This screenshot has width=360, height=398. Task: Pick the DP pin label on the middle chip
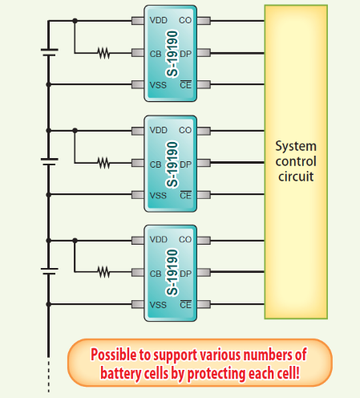click(x=185, y=164)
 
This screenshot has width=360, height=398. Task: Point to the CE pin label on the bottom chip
click(x=185, y=304)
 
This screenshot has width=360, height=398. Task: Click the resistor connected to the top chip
click(x=103, y=54)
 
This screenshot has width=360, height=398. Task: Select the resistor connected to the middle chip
click(x=103, y=164)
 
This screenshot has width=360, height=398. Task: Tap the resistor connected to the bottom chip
click(x=103, y=273)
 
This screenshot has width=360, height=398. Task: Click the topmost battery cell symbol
click(x=49, y=53)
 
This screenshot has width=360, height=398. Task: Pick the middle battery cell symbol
click(x=49, y=162)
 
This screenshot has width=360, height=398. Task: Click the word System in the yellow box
click(x=296, y=147)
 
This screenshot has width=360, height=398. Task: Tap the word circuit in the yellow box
click(x=296, y=176)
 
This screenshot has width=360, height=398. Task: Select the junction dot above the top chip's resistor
click(x=75, y=22)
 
